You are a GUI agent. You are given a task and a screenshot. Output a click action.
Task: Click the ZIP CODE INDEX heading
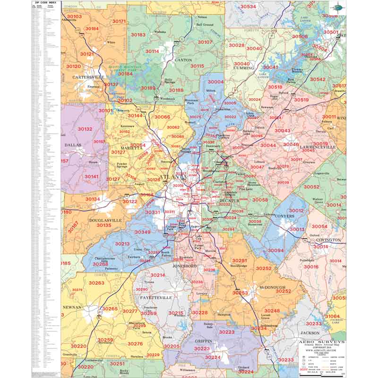(46, 2)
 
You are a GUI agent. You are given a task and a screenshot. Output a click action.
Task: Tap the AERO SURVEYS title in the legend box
(321, 341)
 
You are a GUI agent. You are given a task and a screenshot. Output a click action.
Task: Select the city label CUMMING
(244, 68)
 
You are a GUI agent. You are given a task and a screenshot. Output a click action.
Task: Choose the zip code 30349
(142, 232)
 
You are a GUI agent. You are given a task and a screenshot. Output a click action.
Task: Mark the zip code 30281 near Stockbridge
(240, 260)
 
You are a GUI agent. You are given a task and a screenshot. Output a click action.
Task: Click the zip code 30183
(138, 34)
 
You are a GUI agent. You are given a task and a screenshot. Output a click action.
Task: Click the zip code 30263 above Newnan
(96, 283)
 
